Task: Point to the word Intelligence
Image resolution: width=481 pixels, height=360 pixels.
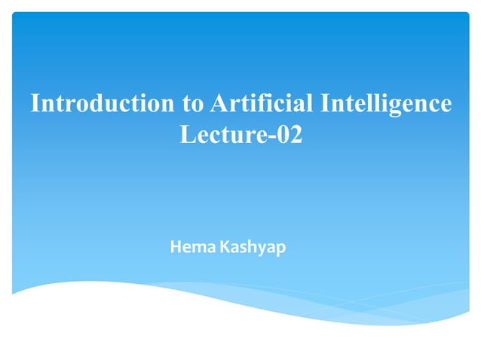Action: [386, 104]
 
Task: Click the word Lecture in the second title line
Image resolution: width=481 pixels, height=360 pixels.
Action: [219, 136]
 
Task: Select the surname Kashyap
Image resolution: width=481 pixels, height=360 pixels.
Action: [253, 247]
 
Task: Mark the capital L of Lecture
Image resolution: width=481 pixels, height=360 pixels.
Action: [188, 136]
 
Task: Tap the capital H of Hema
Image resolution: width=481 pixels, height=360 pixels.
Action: [176, 246]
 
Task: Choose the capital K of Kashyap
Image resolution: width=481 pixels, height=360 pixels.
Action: [225, 246]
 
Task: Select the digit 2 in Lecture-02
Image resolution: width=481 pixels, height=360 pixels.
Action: [295, 136]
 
